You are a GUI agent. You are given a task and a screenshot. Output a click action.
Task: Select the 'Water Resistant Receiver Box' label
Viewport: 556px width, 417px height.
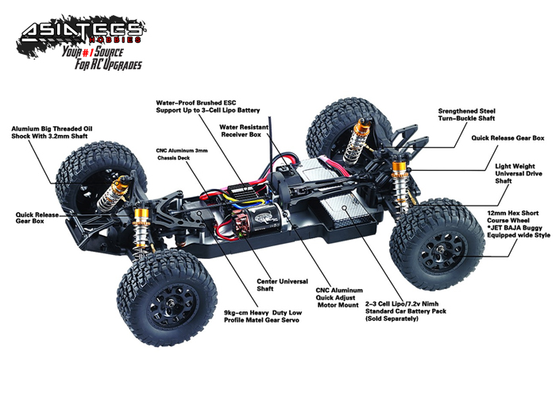point(244,131)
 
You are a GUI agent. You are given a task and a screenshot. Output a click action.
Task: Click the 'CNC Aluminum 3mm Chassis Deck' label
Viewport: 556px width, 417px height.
point(182,154)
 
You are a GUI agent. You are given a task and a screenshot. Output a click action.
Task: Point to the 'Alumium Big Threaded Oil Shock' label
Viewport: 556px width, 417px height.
point(52,133)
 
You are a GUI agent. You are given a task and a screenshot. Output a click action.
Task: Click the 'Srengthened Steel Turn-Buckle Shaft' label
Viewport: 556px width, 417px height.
point(467,115)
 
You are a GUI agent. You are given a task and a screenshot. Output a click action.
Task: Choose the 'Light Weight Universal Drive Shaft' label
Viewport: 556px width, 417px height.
point(519,174)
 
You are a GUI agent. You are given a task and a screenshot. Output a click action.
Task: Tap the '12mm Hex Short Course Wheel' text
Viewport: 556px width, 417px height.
point(512,217)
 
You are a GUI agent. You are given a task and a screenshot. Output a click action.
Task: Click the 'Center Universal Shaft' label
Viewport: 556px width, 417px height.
point(282,285)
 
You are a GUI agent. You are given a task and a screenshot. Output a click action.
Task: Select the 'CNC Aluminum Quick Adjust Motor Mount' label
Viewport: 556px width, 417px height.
point(339,298)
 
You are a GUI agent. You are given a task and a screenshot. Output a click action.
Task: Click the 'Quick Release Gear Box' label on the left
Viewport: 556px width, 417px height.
point(37,218)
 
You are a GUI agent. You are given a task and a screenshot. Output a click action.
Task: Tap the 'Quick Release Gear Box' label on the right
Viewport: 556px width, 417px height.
point(508,138)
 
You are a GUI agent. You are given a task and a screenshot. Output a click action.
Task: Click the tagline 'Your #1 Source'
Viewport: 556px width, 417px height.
point(93,52)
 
